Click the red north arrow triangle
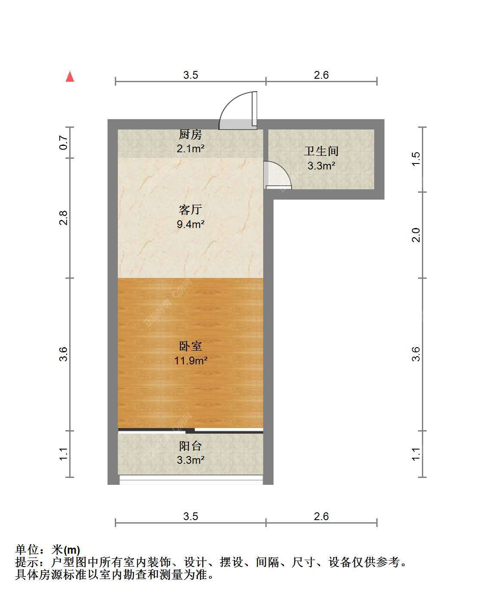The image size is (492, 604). point(70,77)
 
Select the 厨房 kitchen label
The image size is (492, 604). point(191,134)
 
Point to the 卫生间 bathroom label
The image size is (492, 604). point(321,151)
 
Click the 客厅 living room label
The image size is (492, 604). point(191,210)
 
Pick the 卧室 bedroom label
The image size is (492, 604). point(191,346)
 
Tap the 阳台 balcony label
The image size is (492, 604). point(191,446)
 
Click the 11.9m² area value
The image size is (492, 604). point(191,361)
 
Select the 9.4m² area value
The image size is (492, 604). point(191,224)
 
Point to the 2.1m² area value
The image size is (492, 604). point(191,148)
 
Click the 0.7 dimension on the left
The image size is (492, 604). point(64,142)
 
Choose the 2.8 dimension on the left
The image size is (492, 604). point(64,218)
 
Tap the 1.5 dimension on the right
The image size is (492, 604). point(415,159)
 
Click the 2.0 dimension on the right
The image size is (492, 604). point(415,235)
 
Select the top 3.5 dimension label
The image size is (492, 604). point(191,75)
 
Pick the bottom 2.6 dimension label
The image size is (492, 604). point(321,516)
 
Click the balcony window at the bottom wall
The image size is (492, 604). point(191,480)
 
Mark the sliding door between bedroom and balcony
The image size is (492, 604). point(191,431)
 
